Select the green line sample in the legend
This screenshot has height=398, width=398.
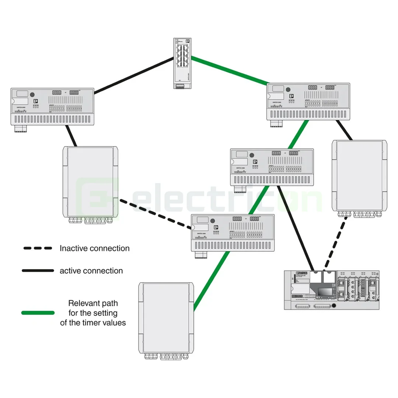coord(38,313)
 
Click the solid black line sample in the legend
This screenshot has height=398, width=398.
coord(38,271)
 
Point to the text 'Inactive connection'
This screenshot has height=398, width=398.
coord(95,248)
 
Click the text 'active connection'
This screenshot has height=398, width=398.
coord(91,271)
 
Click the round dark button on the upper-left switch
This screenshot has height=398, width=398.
coord(32,94)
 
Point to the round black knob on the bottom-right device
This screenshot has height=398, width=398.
coord(334,306)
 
